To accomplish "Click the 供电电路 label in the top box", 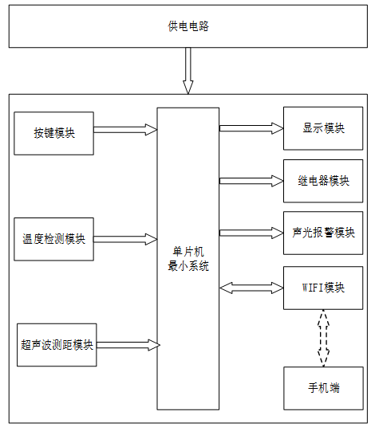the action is click(x=188, y=26).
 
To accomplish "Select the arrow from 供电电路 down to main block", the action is click(x=188, y=71).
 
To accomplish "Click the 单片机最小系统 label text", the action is click(x=188, y=259).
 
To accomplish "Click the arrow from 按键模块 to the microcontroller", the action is click(x=125, y=130).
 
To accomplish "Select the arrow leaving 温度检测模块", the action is click(x=125, y=239).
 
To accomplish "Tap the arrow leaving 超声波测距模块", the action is click(x=128, y=345).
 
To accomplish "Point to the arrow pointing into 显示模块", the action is click(x=251, y=128).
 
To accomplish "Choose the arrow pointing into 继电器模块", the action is click(x=251, y=181).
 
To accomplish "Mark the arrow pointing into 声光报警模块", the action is click(x=251, y=233).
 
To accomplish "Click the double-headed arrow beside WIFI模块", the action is click(x=251, y=288).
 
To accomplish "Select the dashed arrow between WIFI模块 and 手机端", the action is click(x=323, y=338).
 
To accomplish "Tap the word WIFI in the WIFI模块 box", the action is click(x=312, y=288).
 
